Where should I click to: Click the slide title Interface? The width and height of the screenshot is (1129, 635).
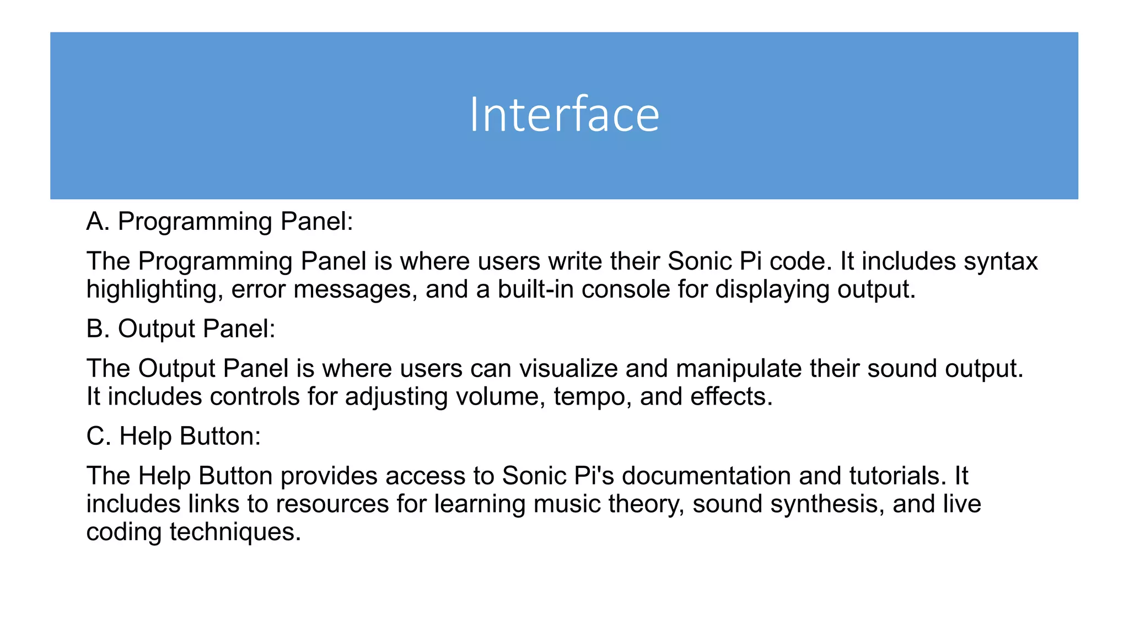click(564, 115)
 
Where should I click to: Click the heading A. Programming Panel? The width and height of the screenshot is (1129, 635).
click(219, 222)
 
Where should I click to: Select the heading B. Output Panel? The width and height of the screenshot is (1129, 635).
click(181, 329)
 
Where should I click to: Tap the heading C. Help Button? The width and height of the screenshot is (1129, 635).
click(174, 437)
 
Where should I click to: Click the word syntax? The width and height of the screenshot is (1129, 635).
click(1001, 262)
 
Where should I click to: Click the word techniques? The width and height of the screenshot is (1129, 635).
click(235, 532)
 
